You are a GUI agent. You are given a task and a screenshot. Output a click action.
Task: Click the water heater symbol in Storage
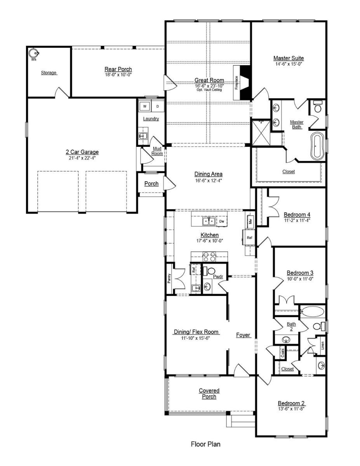[34, 53]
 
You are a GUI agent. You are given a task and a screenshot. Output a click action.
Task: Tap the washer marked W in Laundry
[145, 106]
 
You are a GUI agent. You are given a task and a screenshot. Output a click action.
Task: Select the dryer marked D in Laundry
[158, 106]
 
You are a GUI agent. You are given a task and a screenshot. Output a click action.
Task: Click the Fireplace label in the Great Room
[237, 83]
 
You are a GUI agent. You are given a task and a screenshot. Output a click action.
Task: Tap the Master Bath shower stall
[261, 133]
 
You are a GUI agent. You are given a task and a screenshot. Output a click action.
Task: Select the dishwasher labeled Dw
[222, 221]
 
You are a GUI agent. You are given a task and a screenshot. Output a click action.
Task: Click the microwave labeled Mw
[250, 221]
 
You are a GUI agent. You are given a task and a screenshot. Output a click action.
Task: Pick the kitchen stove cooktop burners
[209, 257]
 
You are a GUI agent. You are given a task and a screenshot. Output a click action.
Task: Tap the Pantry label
[169, 278]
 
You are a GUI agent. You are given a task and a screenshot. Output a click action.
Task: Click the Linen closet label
[323, 346]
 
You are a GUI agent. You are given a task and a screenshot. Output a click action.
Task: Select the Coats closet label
[283, 353]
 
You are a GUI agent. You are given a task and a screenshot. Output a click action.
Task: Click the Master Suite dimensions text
[289, 64]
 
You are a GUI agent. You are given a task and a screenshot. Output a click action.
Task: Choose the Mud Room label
[157, 151]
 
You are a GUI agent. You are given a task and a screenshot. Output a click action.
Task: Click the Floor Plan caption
[205, 444]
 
